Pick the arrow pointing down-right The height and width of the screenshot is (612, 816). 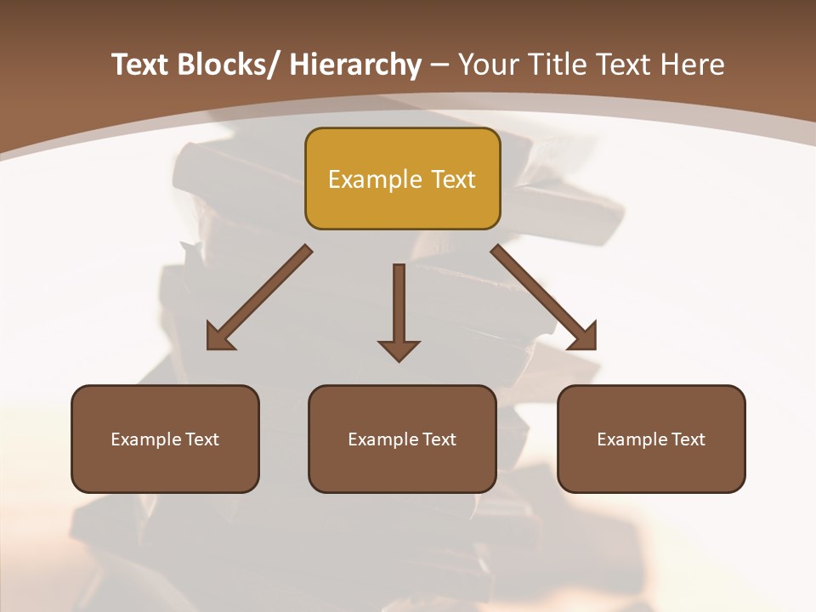click(544, 298)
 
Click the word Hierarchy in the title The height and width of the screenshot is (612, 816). click(355, 65)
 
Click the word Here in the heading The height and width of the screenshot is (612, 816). click(694, 65)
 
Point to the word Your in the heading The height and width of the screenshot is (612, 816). click(488, 65)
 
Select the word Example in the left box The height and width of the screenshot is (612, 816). click(146, 439)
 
